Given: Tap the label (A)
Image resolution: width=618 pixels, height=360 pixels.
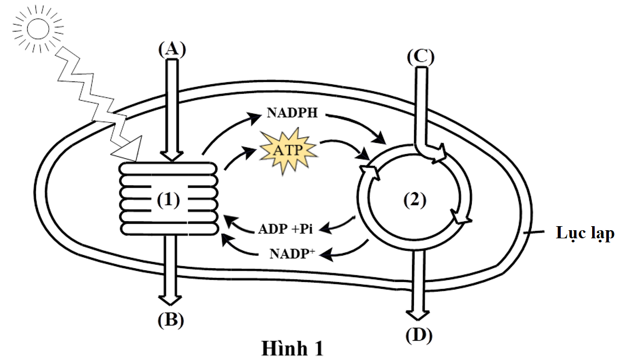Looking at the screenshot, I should click(172, 49).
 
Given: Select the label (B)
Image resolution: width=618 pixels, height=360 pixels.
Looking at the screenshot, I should click(172, 320).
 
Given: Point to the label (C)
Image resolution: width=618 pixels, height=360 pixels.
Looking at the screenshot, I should click(421, 57).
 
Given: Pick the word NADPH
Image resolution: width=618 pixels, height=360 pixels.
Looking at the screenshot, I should click(292, 113).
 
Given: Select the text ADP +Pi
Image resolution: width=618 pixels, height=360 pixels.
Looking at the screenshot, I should click(285, 229).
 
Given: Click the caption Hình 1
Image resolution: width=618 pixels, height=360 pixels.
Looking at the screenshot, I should click(292, 349).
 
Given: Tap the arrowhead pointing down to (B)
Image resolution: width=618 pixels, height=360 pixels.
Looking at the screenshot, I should click(171, 301).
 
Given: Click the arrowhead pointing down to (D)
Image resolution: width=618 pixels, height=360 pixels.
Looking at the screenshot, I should click(417, 314).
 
